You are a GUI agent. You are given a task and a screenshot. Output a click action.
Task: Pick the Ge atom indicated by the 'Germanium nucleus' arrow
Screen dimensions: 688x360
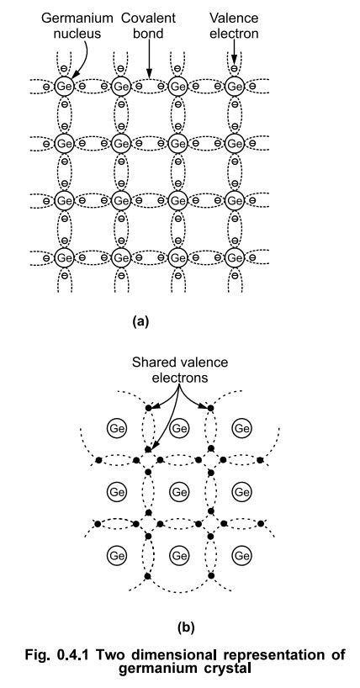point(64,86)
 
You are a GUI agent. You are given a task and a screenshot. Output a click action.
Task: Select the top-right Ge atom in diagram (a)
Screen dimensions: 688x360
point(235,86)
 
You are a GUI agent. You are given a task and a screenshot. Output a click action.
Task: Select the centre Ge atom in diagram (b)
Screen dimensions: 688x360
point(179,490)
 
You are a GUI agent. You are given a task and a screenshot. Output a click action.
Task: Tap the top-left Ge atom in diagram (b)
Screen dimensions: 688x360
point(117,429)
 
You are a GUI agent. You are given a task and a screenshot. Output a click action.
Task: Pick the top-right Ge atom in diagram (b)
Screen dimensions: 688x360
point(242,429)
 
